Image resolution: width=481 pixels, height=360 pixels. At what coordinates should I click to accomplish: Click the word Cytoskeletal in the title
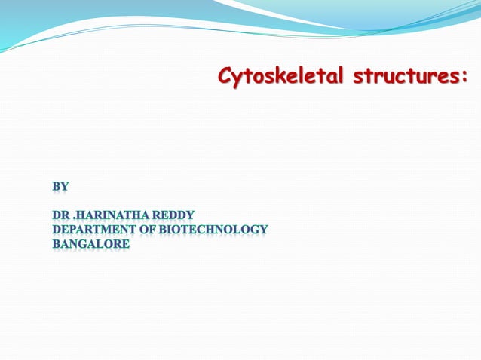tap(280, 75)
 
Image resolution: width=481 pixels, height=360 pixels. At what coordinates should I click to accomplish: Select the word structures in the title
tap(408, 75)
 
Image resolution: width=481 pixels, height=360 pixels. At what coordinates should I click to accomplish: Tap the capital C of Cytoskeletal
tap(225, 75)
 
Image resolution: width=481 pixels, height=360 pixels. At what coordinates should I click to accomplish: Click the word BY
tap(60, 185)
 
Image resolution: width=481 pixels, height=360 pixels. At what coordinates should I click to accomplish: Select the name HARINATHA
tap(115, 215)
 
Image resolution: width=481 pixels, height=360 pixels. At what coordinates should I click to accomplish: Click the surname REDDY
tap(175, 215)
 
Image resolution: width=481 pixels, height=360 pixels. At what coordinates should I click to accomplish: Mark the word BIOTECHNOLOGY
tap(215, 229)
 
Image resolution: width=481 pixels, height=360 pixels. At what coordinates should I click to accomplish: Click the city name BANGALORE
tap(90, 243)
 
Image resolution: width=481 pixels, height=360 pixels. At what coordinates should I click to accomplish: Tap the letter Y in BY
tap(65, 185)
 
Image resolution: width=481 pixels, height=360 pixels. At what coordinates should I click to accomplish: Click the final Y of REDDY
tap(190, 215)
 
